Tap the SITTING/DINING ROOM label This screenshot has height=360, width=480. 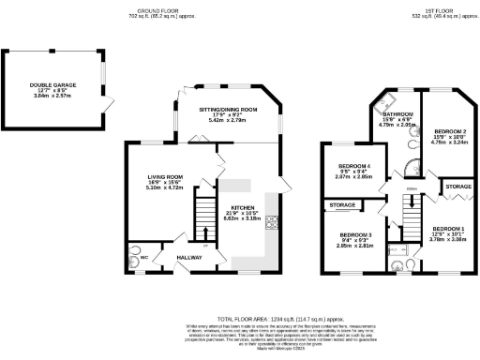pyautogui.click(x=227, y=110)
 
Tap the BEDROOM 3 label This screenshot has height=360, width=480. pyautogui.click(x=355, y=234)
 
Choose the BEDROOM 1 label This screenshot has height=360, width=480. pyautogui.click(x=447, y=229)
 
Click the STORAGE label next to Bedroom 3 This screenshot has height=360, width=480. pyautogui.click(x=341, y=204)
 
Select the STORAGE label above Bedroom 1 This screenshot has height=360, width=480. pyautogui.click(x=457, y=187)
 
